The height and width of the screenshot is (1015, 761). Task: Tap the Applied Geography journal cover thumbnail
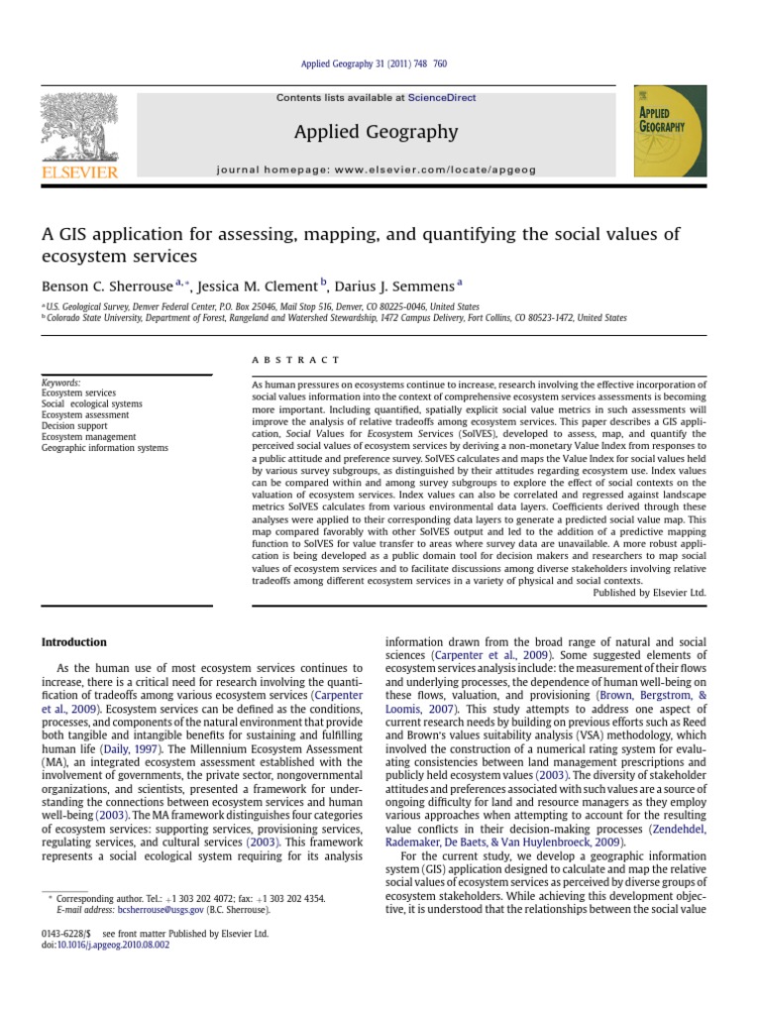tap(670, 130)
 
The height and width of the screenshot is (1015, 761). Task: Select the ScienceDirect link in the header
tap(441, 98)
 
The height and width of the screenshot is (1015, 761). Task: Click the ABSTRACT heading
tap(295, 360)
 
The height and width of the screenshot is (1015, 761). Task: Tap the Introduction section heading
tap(74, 642)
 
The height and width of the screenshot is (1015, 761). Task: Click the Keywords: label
tap(61, 383)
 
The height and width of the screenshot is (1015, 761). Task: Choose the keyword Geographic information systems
tap(104, 448)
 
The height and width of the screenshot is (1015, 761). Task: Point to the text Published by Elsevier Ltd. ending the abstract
tap(649, 592)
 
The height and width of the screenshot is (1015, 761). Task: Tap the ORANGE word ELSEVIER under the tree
tap(79, 173)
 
